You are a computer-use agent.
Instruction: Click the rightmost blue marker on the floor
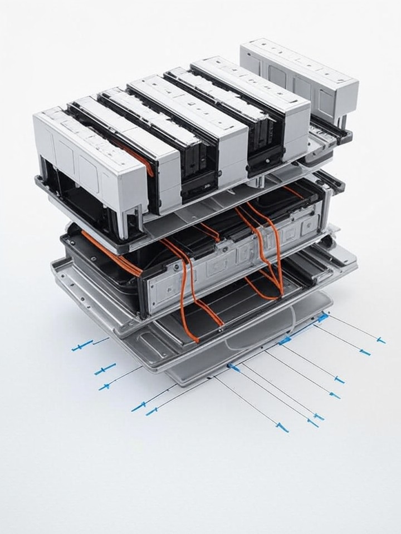coord(380,339)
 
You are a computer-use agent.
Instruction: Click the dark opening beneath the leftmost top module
coord(78,195)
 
